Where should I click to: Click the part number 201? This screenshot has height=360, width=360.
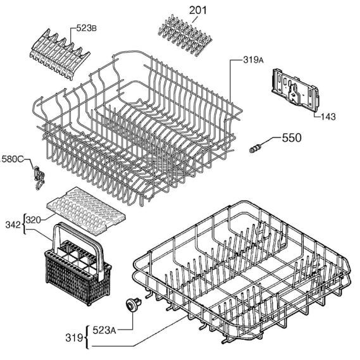(x=197, y=11)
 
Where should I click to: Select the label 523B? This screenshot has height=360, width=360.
(x=86, y=28)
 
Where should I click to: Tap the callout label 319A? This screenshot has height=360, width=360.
(x=253, y=60)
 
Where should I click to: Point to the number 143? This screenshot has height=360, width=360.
(x=328, y=116)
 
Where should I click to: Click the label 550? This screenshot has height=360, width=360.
(x=292, y=138)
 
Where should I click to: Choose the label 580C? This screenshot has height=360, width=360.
(x=13, y=159)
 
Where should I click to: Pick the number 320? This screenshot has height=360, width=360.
(x=34, y=220)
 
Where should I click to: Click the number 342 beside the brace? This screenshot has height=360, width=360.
(x=13, y=225)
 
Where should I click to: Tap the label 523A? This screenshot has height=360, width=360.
(x=104, y=330)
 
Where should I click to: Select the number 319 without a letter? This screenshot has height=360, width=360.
(x=74, y=338)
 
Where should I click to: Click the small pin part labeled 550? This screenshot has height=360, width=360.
(x=255, y=148)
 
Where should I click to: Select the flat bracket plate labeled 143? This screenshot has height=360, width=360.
(x=295, y=90)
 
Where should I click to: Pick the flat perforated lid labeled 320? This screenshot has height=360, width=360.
(x=86, y=211)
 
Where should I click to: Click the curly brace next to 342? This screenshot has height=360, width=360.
(x=24, y=225)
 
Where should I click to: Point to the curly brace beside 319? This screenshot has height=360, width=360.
(x=86, y=337)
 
